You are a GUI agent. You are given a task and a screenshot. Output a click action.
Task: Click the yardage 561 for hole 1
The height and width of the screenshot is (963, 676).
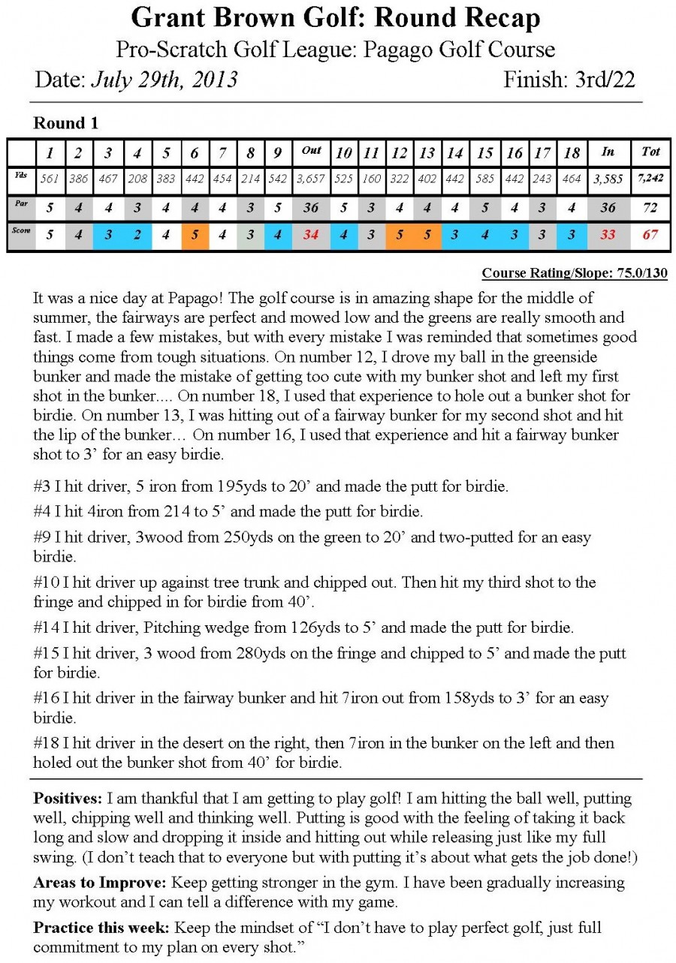point(49,179)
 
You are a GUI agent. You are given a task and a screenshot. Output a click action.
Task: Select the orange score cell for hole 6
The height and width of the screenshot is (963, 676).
point(195,235)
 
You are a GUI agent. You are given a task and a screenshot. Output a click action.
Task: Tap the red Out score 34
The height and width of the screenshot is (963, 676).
point(310,235)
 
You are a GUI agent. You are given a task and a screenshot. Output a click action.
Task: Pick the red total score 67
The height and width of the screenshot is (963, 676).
point(650,235)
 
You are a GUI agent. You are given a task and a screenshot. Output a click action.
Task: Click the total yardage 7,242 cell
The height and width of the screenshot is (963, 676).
point(650,179)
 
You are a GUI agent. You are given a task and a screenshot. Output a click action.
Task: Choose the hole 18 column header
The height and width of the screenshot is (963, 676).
point(572,152)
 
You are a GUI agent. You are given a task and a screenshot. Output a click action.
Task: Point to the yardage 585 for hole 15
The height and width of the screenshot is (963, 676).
point(486,179)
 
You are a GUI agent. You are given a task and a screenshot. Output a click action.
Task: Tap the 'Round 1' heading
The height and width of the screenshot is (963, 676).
point(66,123)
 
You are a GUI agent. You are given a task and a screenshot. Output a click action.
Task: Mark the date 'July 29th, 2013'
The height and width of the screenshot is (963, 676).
point(164,79)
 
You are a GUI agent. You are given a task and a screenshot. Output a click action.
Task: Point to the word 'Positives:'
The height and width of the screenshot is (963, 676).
point(68,799)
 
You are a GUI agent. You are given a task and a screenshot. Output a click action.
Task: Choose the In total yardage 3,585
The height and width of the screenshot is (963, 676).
point(608,179)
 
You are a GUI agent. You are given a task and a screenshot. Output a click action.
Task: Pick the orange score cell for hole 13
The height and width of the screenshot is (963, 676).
point(427,235)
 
